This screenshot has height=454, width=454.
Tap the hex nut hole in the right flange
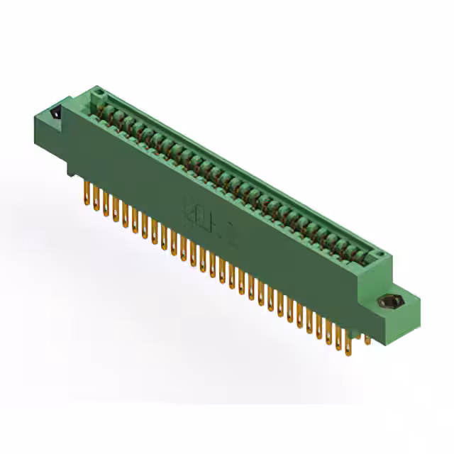pyautogui.click(x=388, y=302)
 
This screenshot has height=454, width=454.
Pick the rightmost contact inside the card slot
pyautogui.click(x=365, y=253)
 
